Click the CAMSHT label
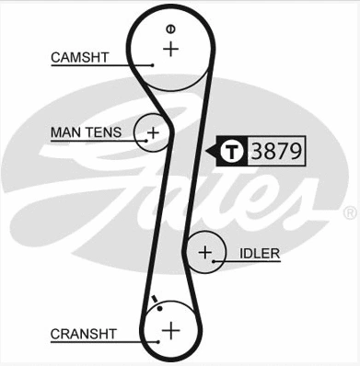click(80, 57)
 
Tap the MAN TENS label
click(84, 133)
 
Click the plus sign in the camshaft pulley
click(169, 48)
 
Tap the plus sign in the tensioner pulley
click(154, 132)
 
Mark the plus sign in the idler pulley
click(204, 251)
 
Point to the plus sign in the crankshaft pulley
click(169, 329)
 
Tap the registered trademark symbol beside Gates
click(349, 212)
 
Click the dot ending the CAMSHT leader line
click(151, 64)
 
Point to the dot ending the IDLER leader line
click(214, 261)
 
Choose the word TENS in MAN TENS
click(102, 133)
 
